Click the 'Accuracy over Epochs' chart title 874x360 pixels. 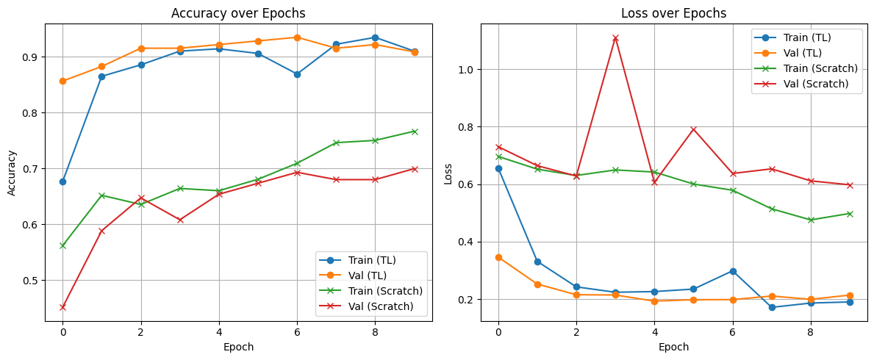(238, 13)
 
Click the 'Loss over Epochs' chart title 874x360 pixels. (673, 13)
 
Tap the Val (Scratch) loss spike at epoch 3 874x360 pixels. (615, 38)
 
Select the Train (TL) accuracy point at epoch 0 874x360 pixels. (62, 181)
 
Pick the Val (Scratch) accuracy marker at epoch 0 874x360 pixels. (62, 307)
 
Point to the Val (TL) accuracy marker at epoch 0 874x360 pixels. (62, 81)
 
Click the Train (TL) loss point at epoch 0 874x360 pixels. (498, 168)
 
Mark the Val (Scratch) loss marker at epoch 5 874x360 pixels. (693, 129)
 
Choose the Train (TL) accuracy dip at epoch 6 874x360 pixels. (297, 74)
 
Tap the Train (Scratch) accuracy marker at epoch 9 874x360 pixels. (414, 132)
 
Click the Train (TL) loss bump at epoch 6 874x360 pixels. (732, 271)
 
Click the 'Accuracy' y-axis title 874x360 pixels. (11, 172)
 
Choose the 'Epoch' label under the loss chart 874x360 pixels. (673, 347)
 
